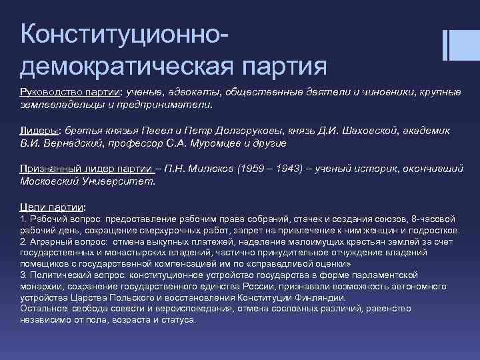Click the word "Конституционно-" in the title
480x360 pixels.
coord(127,33)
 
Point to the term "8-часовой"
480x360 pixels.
coord(433,219)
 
